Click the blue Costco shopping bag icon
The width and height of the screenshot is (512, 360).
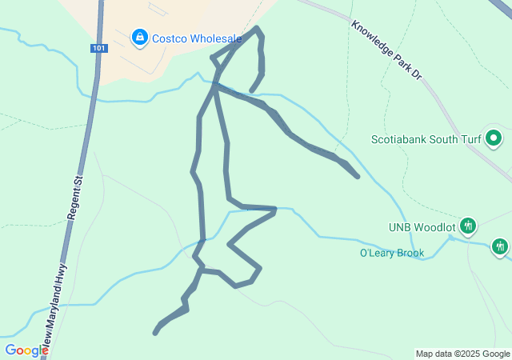click(140, 37)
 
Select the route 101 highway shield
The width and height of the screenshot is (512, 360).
click(98, 49)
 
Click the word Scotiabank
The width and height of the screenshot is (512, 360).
click(404, 139)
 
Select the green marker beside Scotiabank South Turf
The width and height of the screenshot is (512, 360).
click(494, 138)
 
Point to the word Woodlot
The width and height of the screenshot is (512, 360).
click(435, 226)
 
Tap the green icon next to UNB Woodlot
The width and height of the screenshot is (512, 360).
click(468, 226)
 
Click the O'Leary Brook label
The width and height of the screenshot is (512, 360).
click(391, 254)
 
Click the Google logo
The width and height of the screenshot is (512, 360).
click(26, 350)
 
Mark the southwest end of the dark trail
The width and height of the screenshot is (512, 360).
click(155, 332)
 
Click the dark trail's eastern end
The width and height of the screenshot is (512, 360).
click(357, 176)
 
